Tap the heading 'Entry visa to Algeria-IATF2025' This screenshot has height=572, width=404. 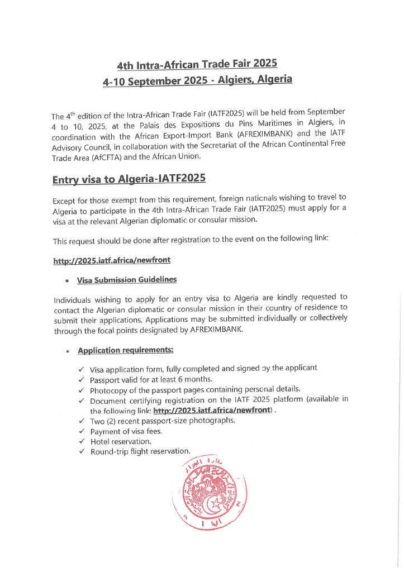pos(129,179)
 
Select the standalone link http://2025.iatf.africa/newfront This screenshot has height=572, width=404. pos(112,261)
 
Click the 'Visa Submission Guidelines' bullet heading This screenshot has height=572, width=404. pos(127,279)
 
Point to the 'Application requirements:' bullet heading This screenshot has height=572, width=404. pos(126,350)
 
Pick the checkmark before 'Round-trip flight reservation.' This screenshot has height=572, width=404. pos(82,451)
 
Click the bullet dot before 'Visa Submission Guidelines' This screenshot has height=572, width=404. pos(68,280)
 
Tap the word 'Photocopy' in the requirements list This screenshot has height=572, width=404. pos(108,389)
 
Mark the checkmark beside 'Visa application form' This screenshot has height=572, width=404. pos(82,369)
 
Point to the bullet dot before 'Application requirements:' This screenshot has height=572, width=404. pos(68,352)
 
